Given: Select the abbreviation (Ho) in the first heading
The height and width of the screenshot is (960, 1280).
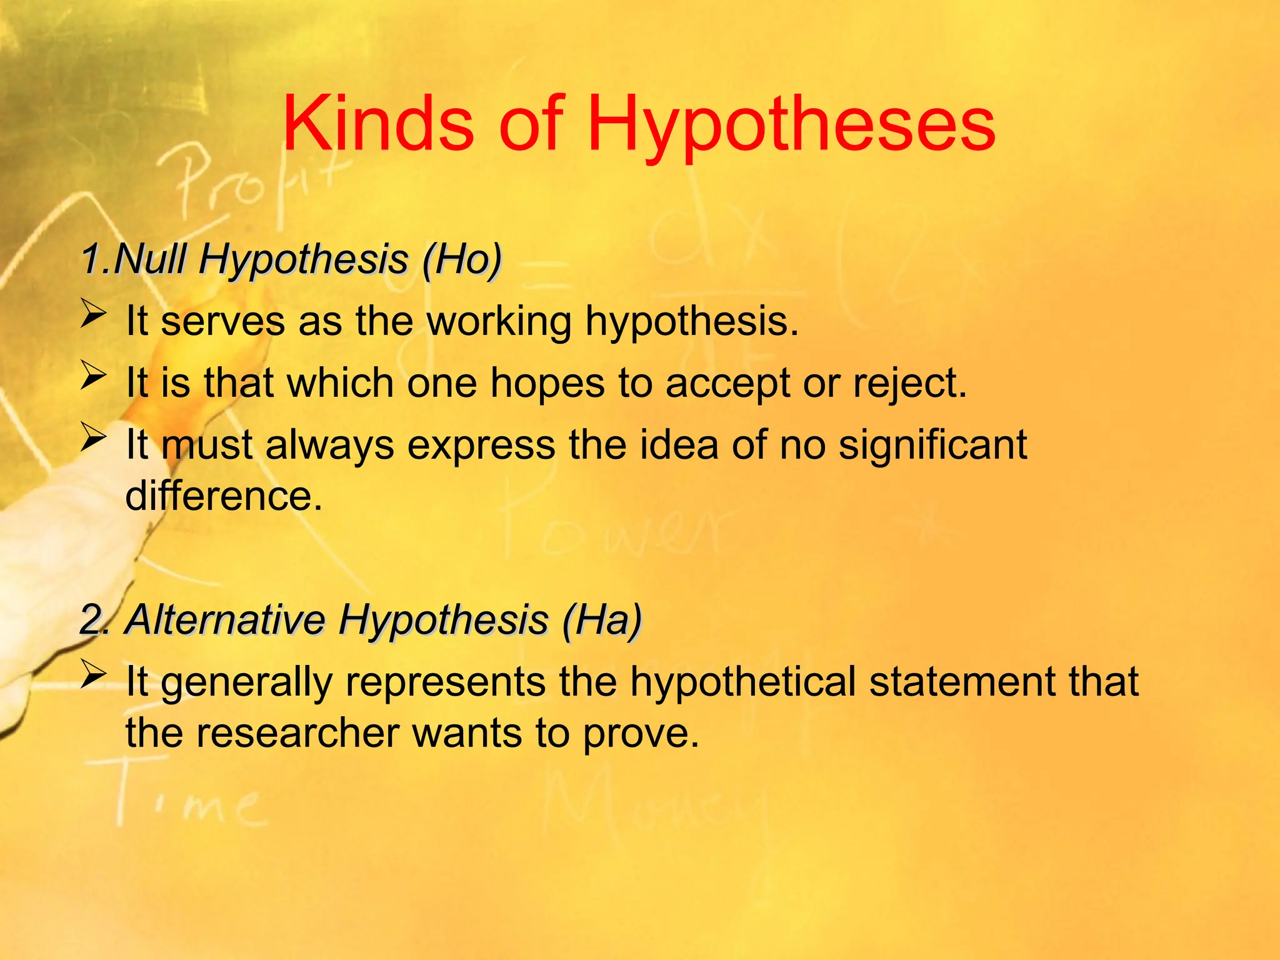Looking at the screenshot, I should pos(462,259).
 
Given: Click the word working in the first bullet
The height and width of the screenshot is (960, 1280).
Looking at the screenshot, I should pos(499,322).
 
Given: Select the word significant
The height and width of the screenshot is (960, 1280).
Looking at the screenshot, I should pos(932,445).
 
